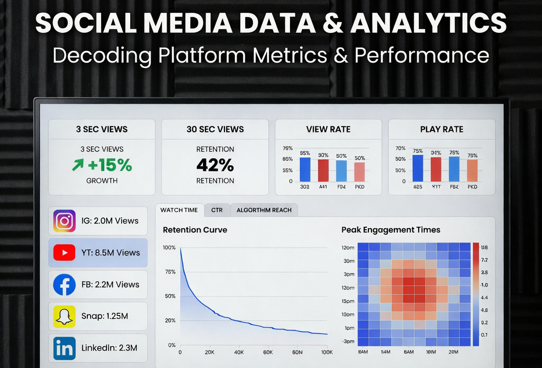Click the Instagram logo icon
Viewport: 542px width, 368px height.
[65, 221]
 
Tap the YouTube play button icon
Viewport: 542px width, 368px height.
[65, 253]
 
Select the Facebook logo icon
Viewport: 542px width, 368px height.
[65, 284]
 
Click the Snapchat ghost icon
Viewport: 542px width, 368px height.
[65, 316]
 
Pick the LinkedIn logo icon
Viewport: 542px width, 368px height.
[65, 348]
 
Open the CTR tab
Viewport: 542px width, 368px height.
[216, 210]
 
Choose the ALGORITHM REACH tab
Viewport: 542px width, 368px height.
[264, 210]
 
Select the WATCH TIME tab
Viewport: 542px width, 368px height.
[179, 210]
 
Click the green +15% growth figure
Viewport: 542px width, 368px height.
[102, 165]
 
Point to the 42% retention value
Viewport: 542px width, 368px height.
[215, 165]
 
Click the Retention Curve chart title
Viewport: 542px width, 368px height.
[195, 230]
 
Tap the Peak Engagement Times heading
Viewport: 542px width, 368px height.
[391, 230]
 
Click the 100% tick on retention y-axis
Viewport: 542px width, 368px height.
[169, 248]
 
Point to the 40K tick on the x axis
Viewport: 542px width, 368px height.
[238, 353]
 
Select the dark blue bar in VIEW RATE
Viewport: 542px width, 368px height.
[305, 169]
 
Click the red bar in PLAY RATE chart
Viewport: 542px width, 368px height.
[436, 169]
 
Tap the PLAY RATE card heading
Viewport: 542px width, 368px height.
[441, 129]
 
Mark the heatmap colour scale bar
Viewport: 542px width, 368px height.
[475, 294]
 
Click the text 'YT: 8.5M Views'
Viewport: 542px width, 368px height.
[111, 253]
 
